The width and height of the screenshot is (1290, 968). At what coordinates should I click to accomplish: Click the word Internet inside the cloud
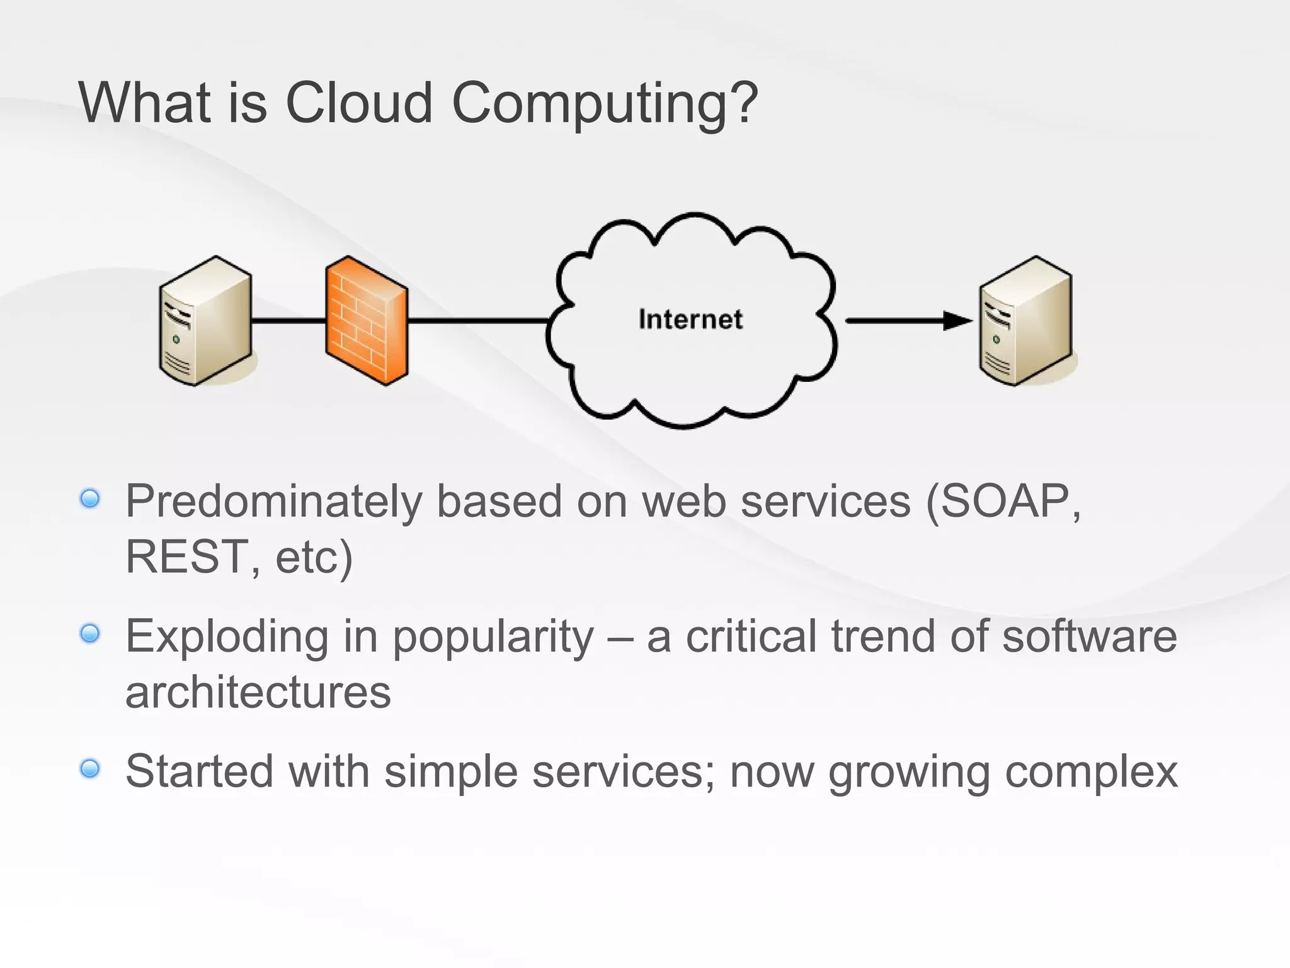[690, 320]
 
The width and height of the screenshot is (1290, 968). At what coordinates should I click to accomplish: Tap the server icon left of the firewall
[205, 321]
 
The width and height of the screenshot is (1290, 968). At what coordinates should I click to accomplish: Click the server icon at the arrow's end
[1025, 321]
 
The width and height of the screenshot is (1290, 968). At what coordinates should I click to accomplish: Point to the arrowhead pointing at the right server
[957, 321]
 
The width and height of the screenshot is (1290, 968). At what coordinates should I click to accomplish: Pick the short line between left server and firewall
[288, 321]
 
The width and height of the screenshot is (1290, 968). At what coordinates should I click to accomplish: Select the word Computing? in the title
[605, 105]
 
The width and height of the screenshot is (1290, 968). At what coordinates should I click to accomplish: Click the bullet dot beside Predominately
[91, 499]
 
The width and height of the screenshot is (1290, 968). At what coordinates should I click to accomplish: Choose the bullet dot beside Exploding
[91, 633]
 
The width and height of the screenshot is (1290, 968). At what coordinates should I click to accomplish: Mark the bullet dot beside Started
[91, 768]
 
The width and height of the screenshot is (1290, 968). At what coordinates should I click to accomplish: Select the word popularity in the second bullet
[493, 637]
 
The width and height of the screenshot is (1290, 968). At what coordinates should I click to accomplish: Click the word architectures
[258, 691]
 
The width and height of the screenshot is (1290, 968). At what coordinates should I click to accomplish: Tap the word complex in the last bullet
[1091, 772]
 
